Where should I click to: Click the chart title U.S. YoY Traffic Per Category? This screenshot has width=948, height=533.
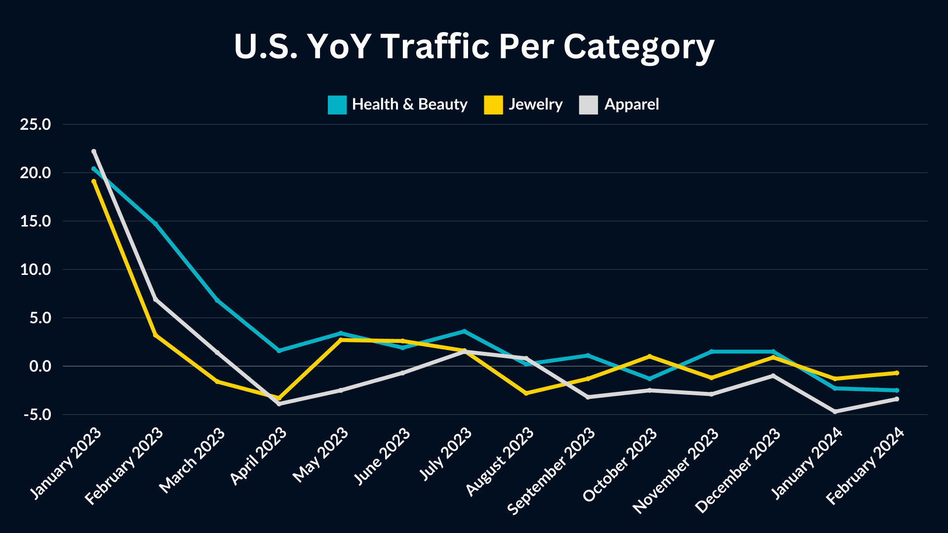click(x=474, y=47)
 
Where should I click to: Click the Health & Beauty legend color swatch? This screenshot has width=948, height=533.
click(x=337, y=105)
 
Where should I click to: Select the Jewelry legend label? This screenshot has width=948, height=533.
click(x=535, y=105)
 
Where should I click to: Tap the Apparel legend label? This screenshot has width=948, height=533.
click(x=631, y=105)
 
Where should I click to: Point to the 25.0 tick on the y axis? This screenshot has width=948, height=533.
click(x=36, y=124)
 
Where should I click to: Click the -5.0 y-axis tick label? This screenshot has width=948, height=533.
click(x=38, y=415)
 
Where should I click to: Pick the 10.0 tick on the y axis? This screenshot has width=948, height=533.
click(x=36, y=269)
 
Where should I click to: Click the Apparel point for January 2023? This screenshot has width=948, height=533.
click(x=94, y=152)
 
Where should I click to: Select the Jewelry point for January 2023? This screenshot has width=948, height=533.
click(x=94, y=182)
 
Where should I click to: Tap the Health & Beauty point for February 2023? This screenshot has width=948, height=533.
click(x=156, y=224)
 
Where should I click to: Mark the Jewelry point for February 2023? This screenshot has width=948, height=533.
click(x=156, y=335)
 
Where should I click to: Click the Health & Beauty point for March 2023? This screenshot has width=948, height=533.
click(x=217, y=300)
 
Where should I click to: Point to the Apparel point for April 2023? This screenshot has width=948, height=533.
click(x=279, y=404)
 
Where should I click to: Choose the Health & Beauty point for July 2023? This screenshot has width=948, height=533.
click(x=464, y=331)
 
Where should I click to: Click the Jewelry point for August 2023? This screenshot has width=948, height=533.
click(x=526, y=393)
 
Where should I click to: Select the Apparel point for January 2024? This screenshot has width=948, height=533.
click(x=835, y=412)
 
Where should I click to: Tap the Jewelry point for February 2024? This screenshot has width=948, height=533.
click(x=897, y=373)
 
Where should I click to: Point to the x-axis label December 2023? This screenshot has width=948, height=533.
click(x=738, y=471)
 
